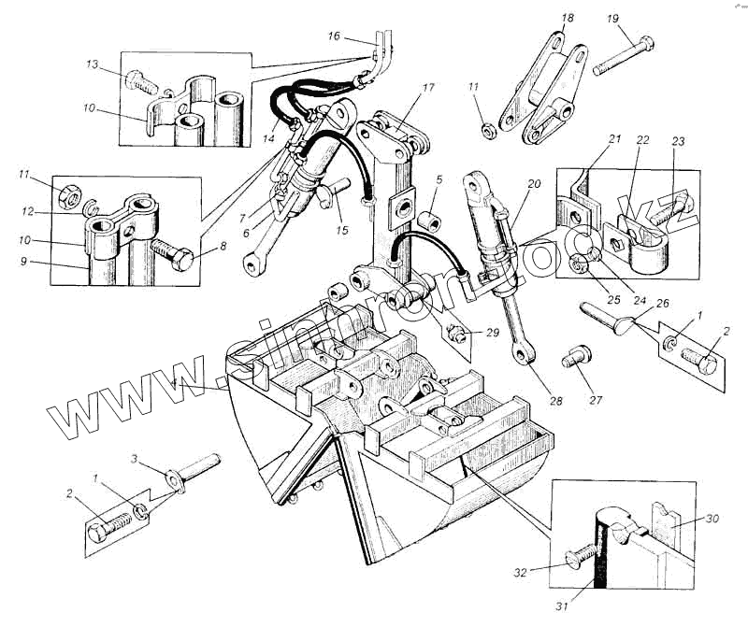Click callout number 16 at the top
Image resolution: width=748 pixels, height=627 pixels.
click(x=335, y=37)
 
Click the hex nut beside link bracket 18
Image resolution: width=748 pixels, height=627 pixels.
click(x=486, y=128)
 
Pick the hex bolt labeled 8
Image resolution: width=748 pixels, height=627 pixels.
click(x=173, y=254)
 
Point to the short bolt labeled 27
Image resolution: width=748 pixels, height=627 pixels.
click(x=572, y=361)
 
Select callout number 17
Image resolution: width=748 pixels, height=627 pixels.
click(x=428, y=88)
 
